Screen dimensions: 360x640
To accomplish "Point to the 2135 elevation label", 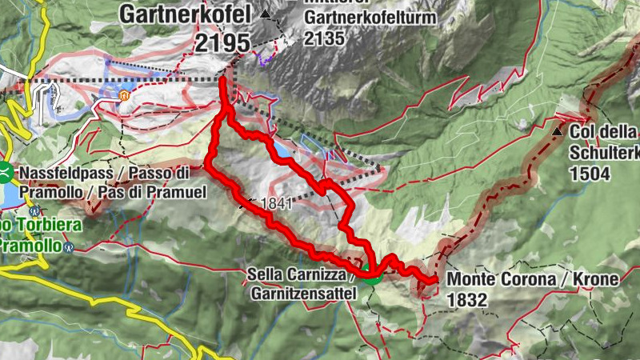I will pyautogui.click(x=324, y=38).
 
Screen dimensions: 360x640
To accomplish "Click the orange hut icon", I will pyautogui.click(x=124, y=96).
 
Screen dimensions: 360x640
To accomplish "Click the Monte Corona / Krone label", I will pyautogui.click(x=533, y=280).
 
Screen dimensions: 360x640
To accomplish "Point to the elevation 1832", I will pyautogui.click(x=467, y=300).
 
